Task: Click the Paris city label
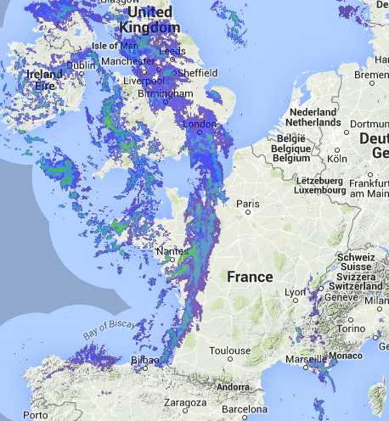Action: coord(248,204)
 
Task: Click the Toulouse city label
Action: coord(231,350)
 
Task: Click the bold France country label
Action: coord(250,278)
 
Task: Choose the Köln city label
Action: coord(338,158)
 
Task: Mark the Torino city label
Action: coord(366,327)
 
